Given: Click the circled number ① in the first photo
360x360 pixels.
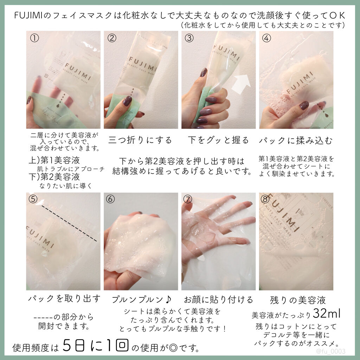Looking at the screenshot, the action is tap(34, 38).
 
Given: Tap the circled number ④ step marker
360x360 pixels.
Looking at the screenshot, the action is tap(266, 38).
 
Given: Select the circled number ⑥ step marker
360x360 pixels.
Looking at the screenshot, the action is tap(110, 199).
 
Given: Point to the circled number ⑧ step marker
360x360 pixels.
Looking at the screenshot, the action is tap(265, 199).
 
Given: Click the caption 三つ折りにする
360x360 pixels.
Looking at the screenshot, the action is tap(140, 140).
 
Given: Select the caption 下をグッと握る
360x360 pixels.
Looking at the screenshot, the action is tap(218, 140).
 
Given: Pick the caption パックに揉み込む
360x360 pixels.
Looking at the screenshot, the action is tap(296, 140).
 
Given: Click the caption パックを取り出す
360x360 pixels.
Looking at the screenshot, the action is tap(65, 298).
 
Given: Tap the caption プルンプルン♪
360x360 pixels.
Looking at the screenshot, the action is tap(141, 300).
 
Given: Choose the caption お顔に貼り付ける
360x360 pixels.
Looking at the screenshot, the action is tap(218, 300).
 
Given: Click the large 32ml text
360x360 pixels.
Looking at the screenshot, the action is tap(327, 313).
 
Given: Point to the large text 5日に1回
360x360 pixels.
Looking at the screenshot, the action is tap(96, 346).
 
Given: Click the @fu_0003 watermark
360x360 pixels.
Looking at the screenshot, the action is tap(330, 351).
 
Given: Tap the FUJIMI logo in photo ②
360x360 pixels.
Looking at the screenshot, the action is tap(143, 65).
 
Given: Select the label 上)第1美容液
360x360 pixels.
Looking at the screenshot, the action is tap(54, 160).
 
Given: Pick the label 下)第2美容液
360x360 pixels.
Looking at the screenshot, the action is tap(54, 177).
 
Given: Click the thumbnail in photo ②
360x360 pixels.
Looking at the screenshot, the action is tap(127, 101).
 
